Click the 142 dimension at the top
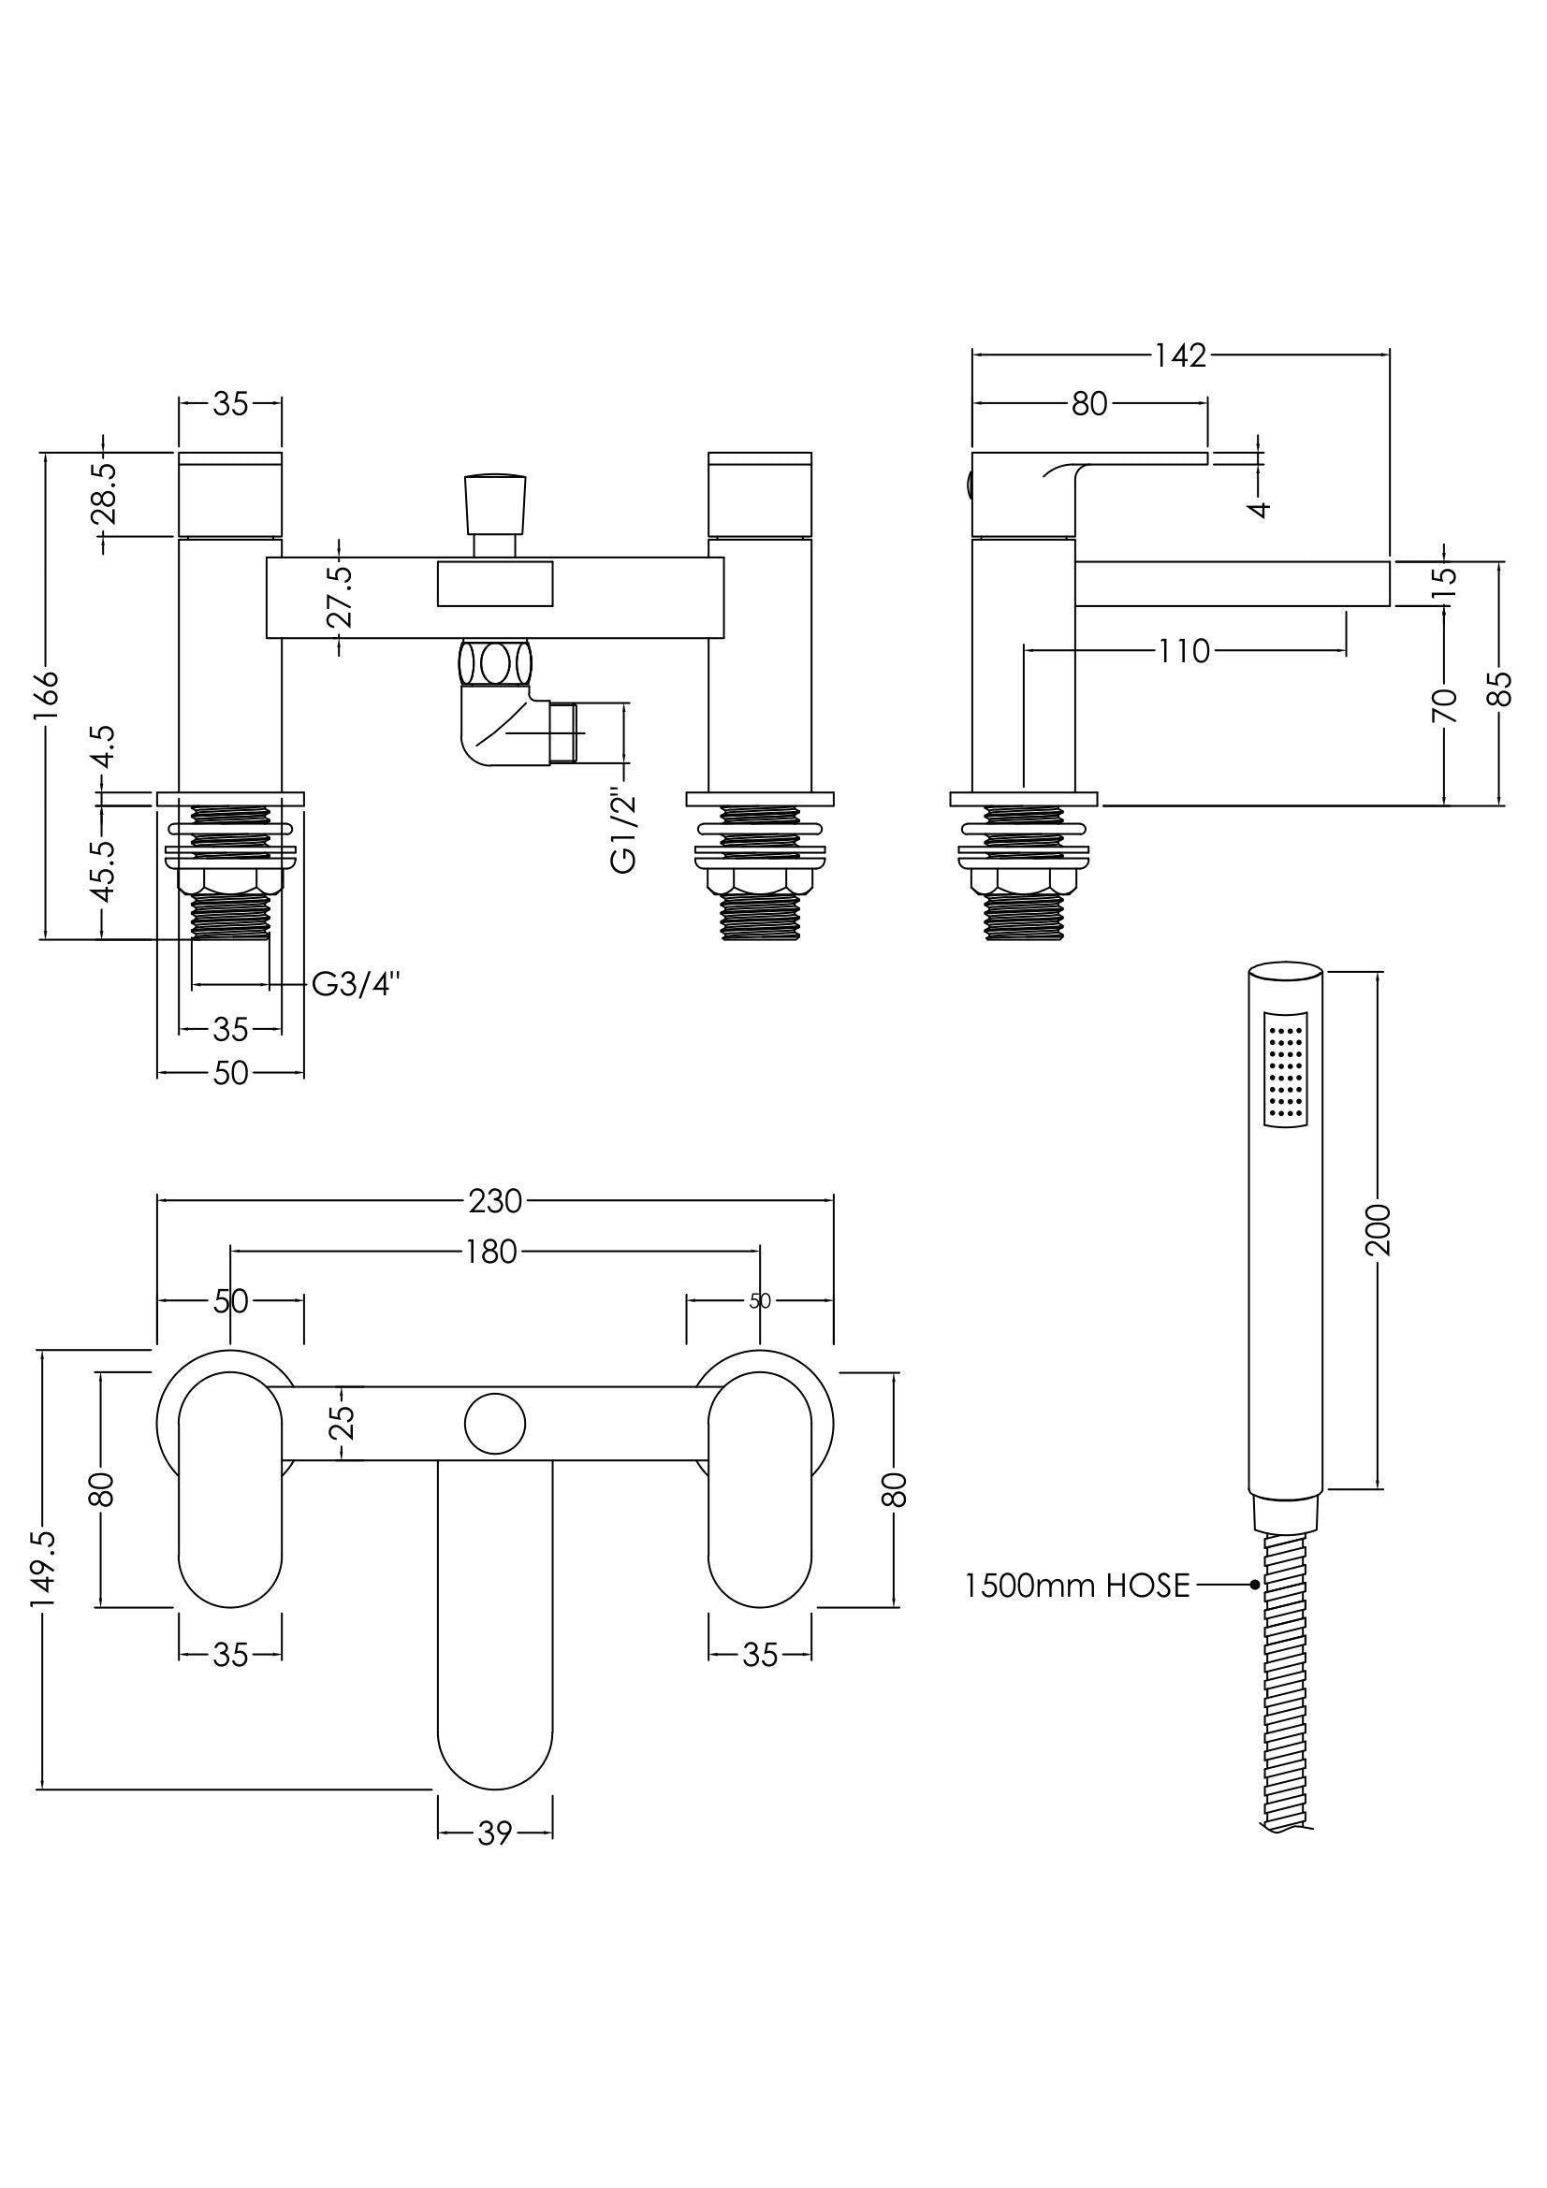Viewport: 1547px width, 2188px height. (1180, 356)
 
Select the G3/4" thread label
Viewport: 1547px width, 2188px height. (356, 984)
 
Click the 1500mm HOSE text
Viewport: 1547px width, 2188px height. (1077, 1586)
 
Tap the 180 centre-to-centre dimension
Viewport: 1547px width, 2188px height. (492, 1252)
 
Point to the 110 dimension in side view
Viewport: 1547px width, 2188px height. (1184, 652)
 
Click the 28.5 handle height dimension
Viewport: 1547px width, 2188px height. (104, 495)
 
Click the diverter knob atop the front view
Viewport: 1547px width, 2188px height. (495, 504)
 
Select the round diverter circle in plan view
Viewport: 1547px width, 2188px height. (495, 1424)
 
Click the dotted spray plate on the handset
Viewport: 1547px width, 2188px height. (1285, 1070)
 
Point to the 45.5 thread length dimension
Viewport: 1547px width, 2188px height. (104, 871)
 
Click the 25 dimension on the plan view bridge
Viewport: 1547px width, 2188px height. (345, 1423)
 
